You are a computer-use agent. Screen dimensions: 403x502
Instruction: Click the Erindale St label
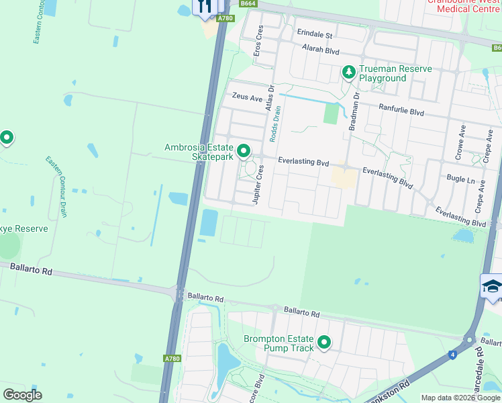click(x=315, y=34)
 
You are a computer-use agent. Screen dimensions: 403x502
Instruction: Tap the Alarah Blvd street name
click(x=321, y=51)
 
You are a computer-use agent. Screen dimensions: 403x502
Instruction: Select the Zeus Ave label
click(x=247, y=97)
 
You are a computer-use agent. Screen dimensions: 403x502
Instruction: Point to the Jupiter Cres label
click(x=257, y=185)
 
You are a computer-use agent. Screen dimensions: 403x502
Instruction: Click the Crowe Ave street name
click(x=462, y=142)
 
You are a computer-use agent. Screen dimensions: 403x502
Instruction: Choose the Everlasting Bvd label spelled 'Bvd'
click(x=304, y=163)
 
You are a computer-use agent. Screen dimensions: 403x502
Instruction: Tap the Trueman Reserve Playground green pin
click(x=348, y=71)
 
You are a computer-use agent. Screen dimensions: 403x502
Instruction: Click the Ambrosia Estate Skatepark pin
click(x=244, y=151)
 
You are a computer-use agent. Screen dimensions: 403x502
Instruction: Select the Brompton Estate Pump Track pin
click(x=324, y=343)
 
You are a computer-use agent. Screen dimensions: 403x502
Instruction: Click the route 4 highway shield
click(x=453, y=353)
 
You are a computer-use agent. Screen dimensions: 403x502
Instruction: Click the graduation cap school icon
click(x=492, y=287)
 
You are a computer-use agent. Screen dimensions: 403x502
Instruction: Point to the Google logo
click(x=23, y=394)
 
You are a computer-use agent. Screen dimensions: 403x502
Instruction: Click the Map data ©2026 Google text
click(x=460, y=398)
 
